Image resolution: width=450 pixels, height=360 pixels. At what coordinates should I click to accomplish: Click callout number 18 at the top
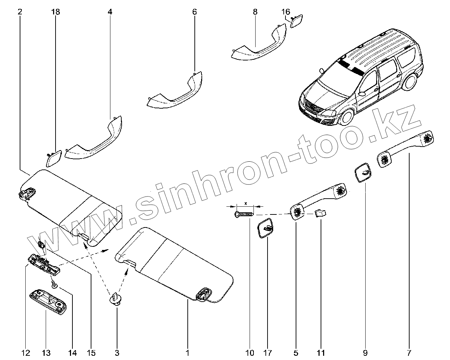(x=56, y=12)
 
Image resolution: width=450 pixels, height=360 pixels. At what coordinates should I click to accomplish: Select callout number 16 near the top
(x=286, y=12)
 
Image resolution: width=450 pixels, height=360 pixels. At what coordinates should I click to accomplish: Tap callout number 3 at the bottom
(x=117, y=352)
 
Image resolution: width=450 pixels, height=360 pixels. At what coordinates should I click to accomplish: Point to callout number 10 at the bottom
(x=250, y=352)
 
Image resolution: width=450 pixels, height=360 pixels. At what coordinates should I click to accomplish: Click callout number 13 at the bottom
(x=46, y=352)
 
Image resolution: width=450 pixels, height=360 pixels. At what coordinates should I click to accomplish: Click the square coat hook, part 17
(x=266, y=229)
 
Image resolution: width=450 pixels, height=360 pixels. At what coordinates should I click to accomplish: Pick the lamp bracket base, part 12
(x=44, y=262)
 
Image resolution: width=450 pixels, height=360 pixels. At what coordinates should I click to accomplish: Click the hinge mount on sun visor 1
(x=204, y=294)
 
